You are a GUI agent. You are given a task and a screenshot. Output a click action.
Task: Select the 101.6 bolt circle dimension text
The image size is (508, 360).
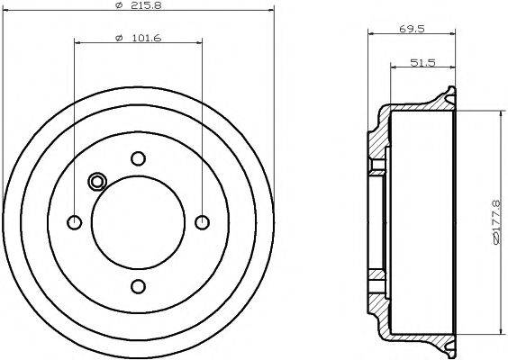coord(143,36)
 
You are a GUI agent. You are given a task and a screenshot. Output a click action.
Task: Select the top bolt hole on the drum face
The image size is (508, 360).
coord(138,158)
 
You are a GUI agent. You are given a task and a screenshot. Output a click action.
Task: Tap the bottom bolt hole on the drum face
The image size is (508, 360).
coord(138,286)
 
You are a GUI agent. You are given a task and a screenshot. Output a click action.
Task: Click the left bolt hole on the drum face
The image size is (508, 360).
coord(75,222)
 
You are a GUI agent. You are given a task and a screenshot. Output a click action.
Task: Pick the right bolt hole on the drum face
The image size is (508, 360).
coord(202,222)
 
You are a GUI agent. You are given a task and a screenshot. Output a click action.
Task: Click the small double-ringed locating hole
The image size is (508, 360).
coord(97,182)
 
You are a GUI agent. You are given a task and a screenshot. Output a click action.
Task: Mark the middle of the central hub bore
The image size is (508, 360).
coord(138,222)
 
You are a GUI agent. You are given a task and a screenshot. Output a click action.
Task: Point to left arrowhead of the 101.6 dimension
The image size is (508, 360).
coord(78,41)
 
